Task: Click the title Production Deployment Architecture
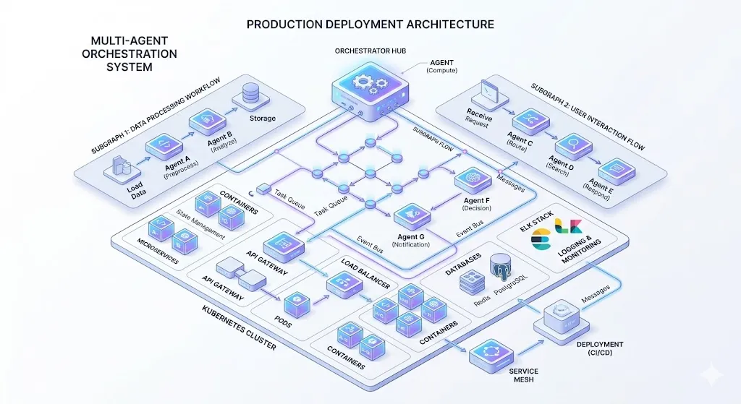click(x=370, y=24)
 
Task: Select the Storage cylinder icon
click(x=250, y=94)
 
